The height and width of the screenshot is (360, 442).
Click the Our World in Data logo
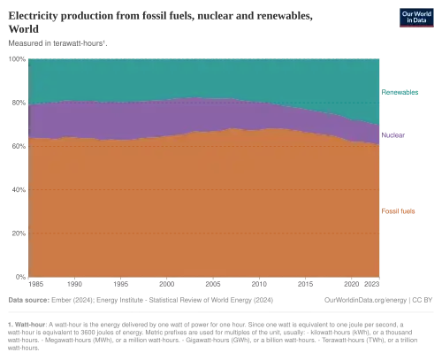click(x=409, y=18)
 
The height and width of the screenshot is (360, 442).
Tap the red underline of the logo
click(x=409, y=28)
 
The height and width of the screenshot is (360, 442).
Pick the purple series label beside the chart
click(x=395, y=134)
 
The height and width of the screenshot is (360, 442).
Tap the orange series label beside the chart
click(x=399, y=211)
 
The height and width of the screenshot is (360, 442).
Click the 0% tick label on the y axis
click(x=19, y=275)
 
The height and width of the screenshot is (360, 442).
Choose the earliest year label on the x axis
click(x=36, y=284)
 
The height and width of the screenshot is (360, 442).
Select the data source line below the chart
click(x=133, y=300)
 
